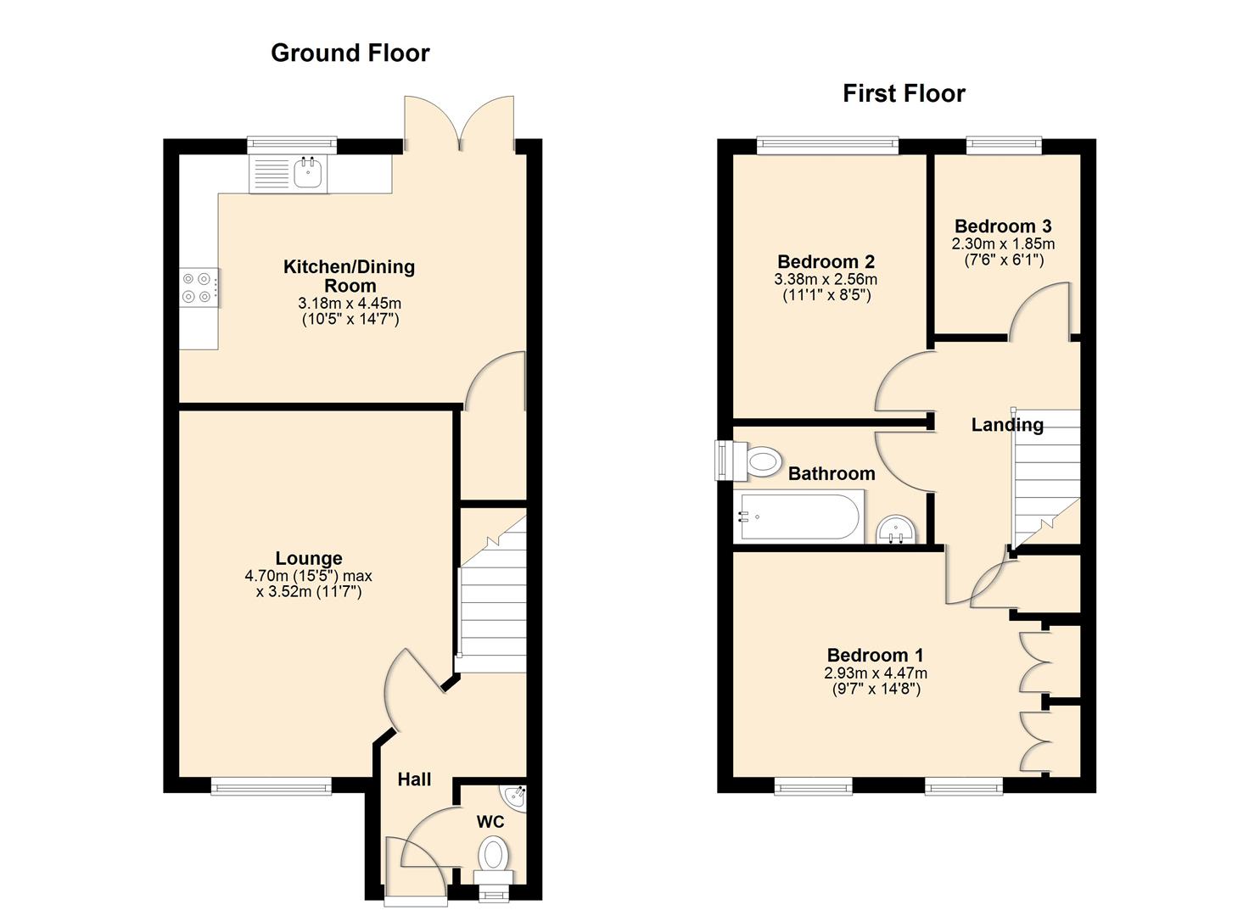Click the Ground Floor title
pos(350,53)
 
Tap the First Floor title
pos(904,93)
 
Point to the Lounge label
pos(309,558)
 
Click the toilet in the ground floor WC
pos(493,853)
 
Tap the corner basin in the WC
pos(515,797)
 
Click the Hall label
pos(414,779)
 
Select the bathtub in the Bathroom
pos(798,517)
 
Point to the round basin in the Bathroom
pos(895,530)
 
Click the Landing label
pos(1007,425)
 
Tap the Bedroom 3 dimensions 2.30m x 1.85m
pos(1003,243)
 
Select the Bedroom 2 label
pos(826,262)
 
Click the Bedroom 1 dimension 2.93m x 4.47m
pos(875,673)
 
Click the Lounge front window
pos(272,787)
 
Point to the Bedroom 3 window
pos(1004,146)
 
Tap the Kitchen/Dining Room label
pos(349,276)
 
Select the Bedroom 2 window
pos(827,146)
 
